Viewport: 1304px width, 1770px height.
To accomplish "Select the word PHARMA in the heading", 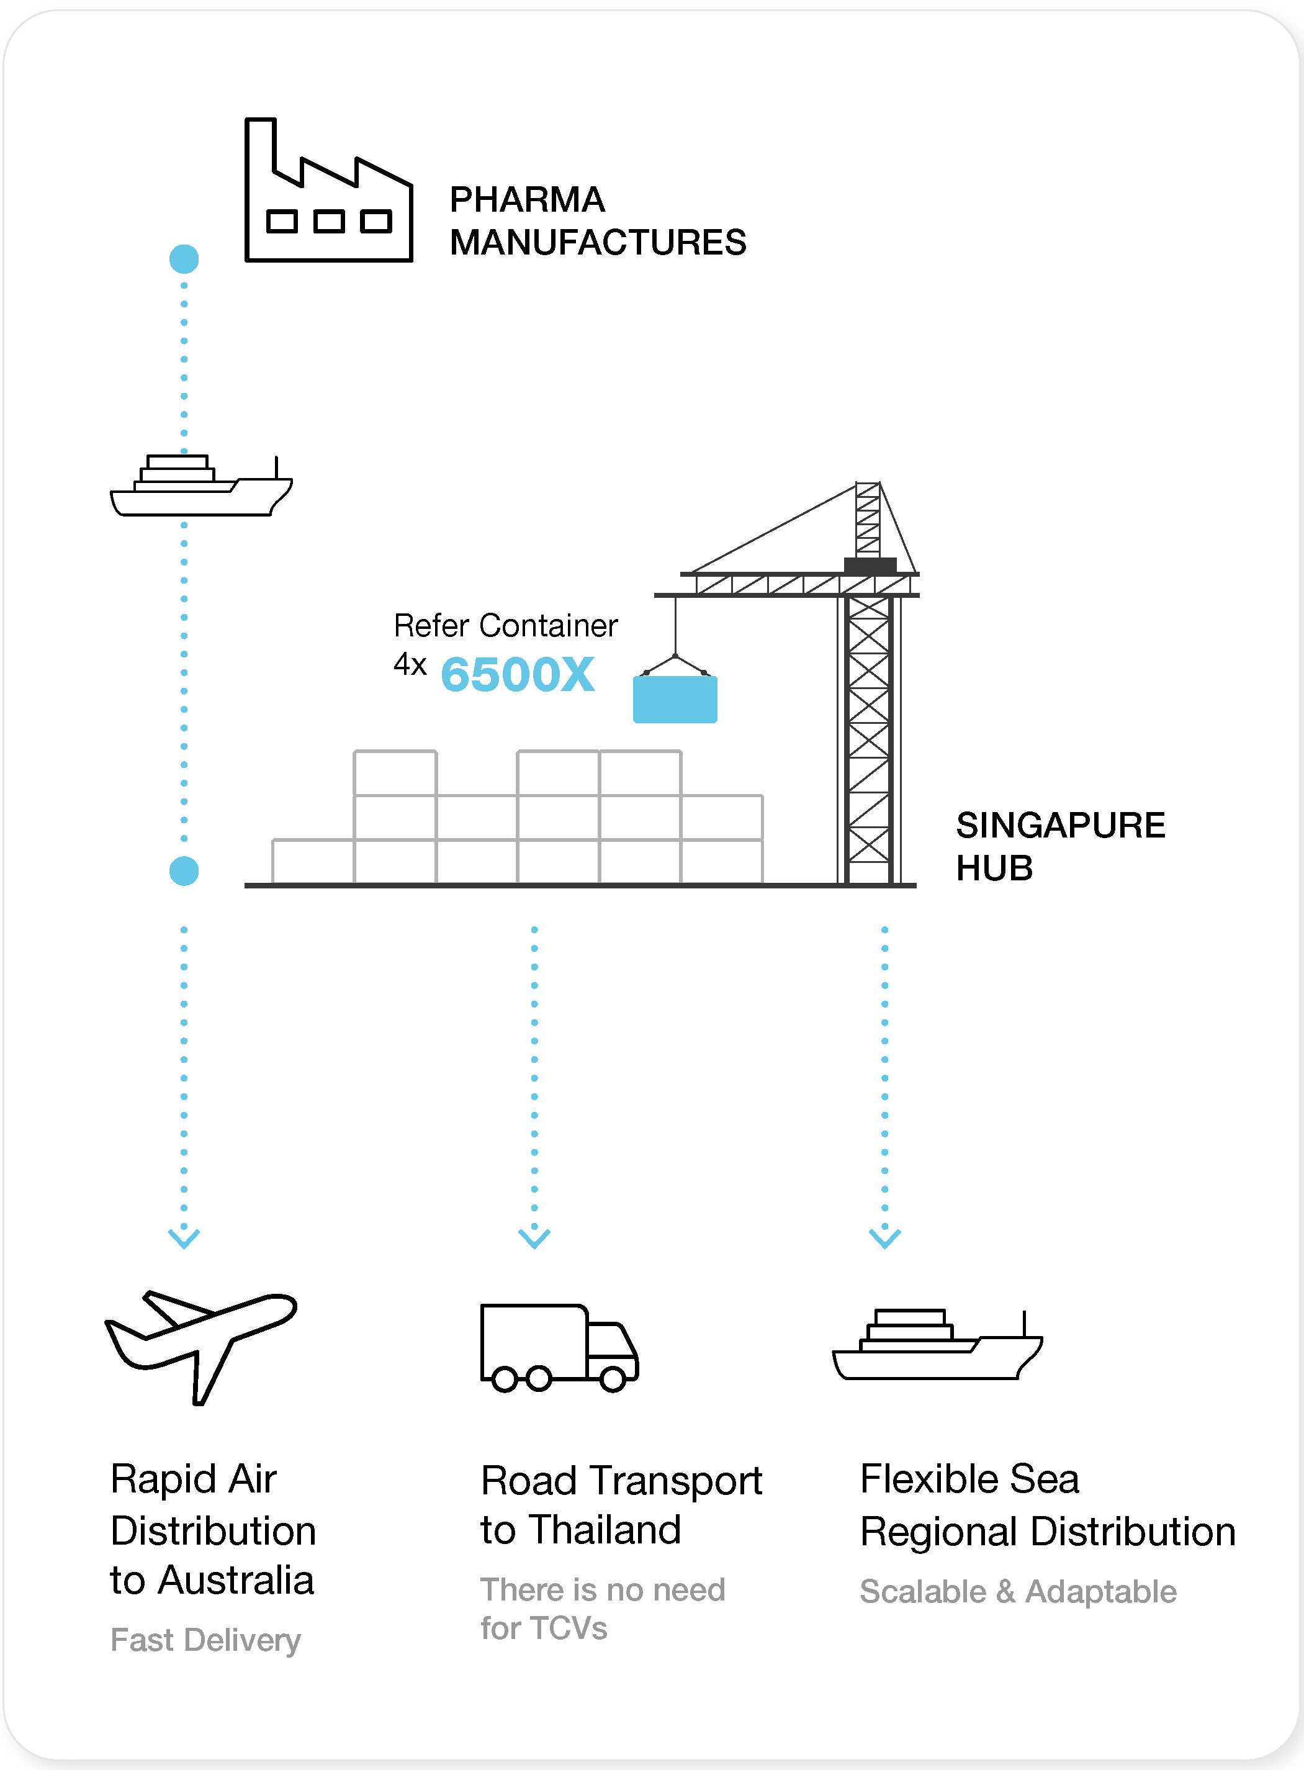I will click(528, 200).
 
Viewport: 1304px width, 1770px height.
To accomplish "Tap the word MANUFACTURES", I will click(598, 242).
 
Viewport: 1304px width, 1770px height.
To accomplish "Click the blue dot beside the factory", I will click(184, 259).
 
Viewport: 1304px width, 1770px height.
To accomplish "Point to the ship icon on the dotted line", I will click(201, 486).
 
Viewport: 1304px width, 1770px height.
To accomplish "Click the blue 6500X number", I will click(518, 675).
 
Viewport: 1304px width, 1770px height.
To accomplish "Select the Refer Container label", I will click(505, 625).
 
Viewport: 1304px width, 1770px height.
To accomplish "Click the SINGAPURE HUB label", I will click(1060, 846).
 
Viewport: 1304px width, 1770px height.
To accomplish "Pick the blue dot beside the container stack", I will click(184, 871).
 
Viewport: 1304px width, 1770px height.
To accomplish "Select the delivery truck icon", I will click(559, 1347).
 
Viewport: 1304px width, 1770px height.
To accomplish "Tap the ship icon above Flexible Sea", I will click(938, 1345).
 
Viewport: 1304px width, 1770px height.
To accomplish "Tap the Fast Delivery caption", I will click(205, 1640).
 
